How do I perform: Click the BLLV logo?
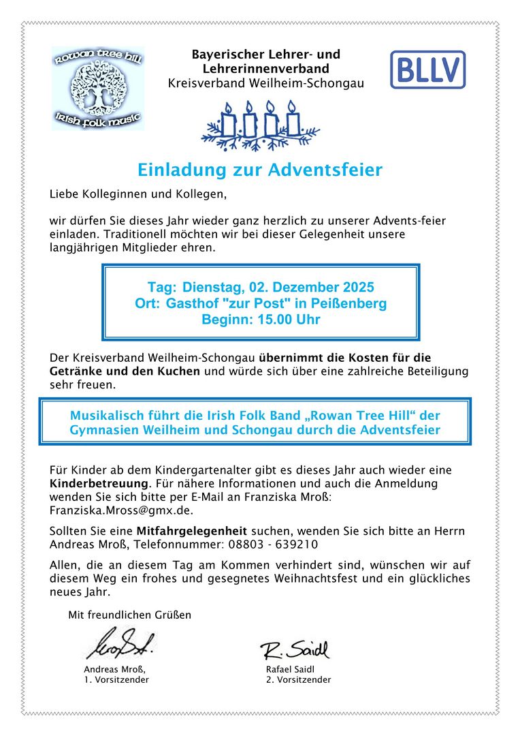click(x=427, y=70)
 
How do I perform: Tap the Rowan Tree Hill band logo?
click(x=98, y=88)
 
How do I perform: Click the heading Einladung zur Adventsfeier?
click(x=260, y=170)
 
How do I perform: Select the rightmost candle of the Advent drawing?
click(x=293, y=119)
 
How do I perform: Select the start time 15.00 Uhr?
click(x=289, y=319)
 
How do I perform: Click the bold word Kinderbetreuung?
click(x=99, y=483)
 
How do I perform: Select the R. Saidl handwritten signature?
click(x=295, y=649)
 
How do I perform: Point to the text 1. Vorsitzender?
click(x=116, y=679)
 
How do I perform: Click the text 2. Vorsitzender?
click(x=299, y=679)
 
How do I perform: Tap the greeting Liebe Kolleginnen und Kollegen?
click(x=137, y=194)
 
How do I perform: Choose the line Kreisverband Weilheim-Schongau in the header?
click(x=266, y=83)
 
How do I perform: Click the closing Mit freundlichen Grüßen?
click(x=129, y=615)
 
